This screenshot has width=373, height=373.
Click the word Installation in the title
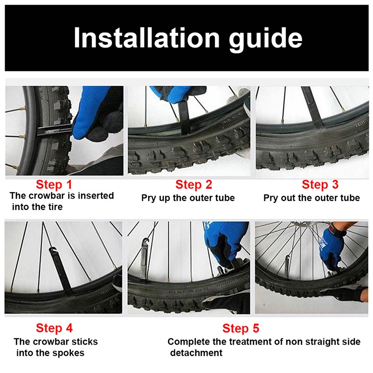click(x=146, y=38)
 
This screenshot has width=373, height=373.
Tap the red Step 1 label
click(x=54, y=185)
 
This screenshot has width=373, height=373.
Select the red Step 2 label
click(x=193, y=185)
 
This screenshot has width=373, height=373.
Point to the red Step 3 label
click(x=320, y=185)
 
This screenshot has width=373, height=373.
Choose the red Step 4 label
click(x=54, y=328)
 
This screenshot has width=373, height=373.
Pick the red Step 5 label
click(x=241, y=328)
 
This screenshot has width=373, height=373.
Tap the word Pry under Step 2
click(x=149, y=198)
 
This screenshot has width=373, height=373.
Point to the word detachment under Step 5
click(x=196, y=352)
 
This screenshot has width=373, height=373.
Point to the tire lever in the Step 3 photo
click(x=313, y=106)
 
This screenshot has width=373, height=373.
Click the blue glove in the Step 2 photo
click(x=172, y=94)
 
